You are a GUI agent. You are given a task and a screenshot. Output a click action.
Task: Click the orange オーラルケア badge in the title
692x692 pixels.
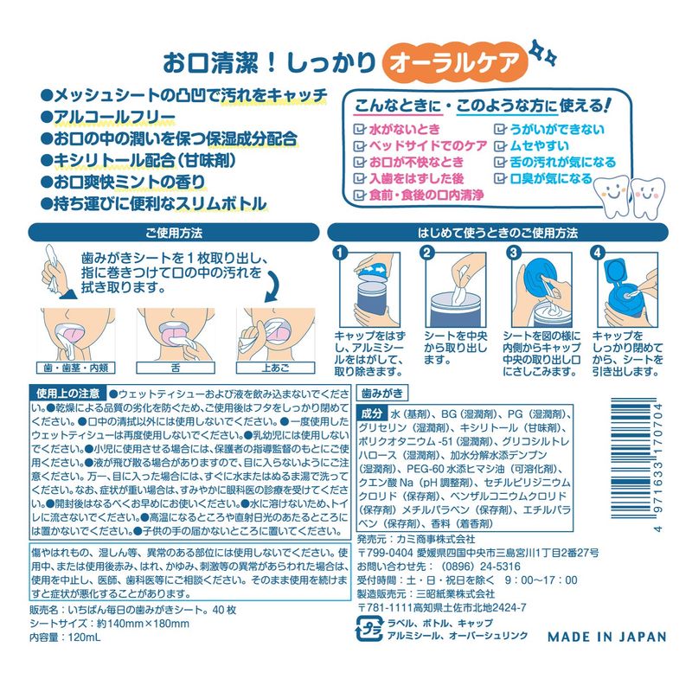(x=455, y=62)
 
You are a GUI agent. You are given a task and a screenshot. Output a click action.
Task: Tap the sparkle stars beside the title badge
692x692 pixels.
(x=543, y=53)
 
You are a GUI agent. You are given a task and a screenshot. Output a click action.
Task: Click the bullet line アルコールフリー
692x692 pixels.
(x=109, y=117)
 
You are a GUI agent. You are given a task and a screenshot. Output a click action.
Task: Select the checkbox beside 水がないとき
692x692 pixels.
(x=360, y=129)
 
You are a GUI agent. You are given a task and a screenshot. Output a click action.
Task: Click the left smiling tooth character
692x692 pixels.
(x=612, y=195)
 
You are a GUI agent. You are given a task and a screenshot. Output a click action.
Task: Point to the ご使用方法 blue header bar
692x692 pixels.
(x=174, y=233)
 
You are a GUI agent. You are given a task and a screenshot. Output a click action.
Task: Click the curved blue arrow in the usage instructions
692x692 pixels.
(x=272, y=286)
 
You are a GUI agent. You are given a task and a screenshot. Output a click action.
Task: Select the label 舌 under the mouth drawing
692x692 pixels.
(x=176, y=368)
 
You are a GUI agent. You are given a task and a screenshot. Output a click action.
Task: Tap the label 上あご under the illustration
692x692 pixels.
(x=275, y=368)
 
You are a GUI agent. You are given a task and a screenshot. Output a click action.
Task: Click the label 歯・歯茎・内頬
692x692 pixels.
(x=75, y=368)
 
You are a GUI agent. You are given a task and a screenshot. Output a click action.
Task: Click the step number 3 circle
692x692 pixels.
(x=513, y=253)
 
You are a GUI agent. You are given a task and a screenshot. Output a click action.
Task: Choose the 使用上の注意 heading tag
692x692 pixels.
(x=67, y=394)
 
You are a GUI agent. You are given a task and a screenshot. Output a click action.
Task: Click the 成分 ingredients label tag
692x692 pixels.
(x=372, y=413)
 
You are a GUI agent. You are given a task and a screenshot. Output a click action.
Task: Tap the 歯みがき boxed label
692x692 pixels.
(x=382, y=393)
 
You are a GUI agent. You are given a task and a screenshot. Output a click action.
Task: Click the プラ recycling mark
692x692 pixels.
(x=368, y=630)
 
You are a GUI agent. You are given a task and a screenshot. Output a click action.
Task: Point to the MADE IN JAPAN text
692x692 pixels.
(x=607, y=637)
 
